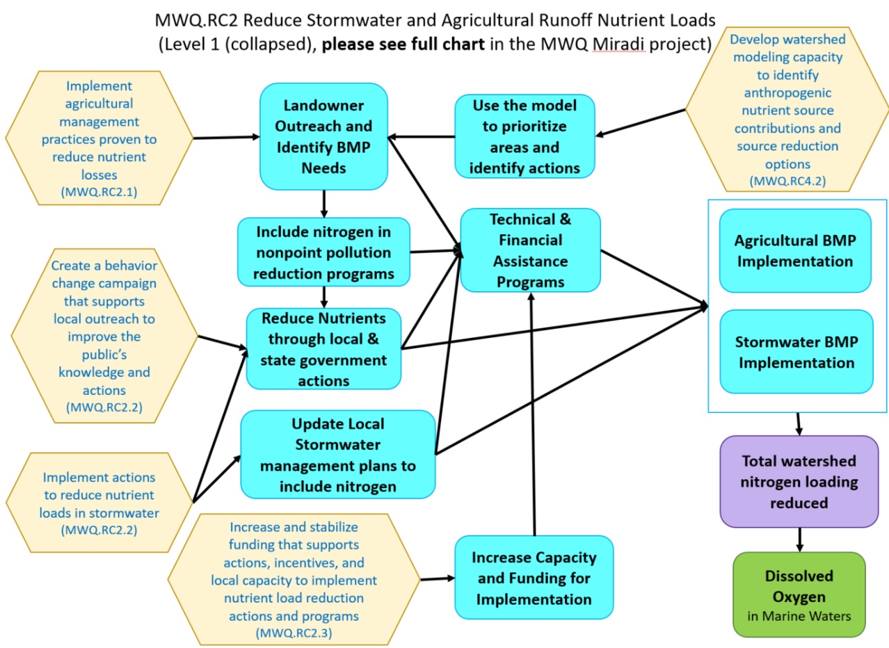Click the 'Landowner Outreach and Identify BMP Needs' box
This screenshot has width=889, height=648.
pyautogui.click(x=323, y=136)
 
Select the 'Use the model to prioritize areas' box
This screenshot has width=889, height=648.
pyautogui.click(x=525, y=136)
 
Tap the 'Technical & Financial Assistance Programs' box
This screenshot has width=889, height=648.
pyautogui.click(x=529, y=250)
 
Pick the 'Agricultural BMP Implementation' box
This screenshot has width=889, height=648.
pyautogui.click(x=794, y=251)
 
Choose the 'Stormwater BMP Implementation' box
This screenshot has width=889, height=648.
pyautogui.click(x=796, y=352)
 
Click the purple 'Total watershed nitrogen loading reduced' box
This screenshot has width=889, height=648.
pyautogui.click(x=799, y=481)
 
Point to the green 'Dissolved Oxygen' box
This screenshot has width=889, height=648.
pyautogui.click(x=799, y=594)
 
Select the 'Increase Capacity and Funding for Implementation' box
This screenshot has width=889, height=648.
pyautogui.click(x=534, y=578)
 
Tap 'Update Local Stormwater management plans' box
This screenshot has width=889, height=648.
pyautogui.click(x=338, y=455)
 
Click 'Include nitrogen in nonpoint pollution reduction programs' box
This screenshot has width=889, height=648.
pyautogui.click(x=323, y=252)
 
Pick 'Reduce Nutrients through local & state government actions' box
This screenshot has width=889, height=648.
pyautogui.click(x=324, y=349)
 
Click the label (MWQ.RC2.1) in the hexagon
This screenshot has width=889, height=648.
pyautogui.click(x=99, y=192)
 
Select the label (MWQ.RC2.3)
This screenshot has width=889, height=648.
pyautogui.click(x=294, y=633)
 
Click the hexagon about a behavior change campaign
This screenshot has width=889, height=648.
pyautogui.click(x=104, y=337)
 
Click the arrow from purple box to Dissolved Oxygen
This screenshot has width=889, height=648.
pyautogui.click(x=799, y=539)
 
